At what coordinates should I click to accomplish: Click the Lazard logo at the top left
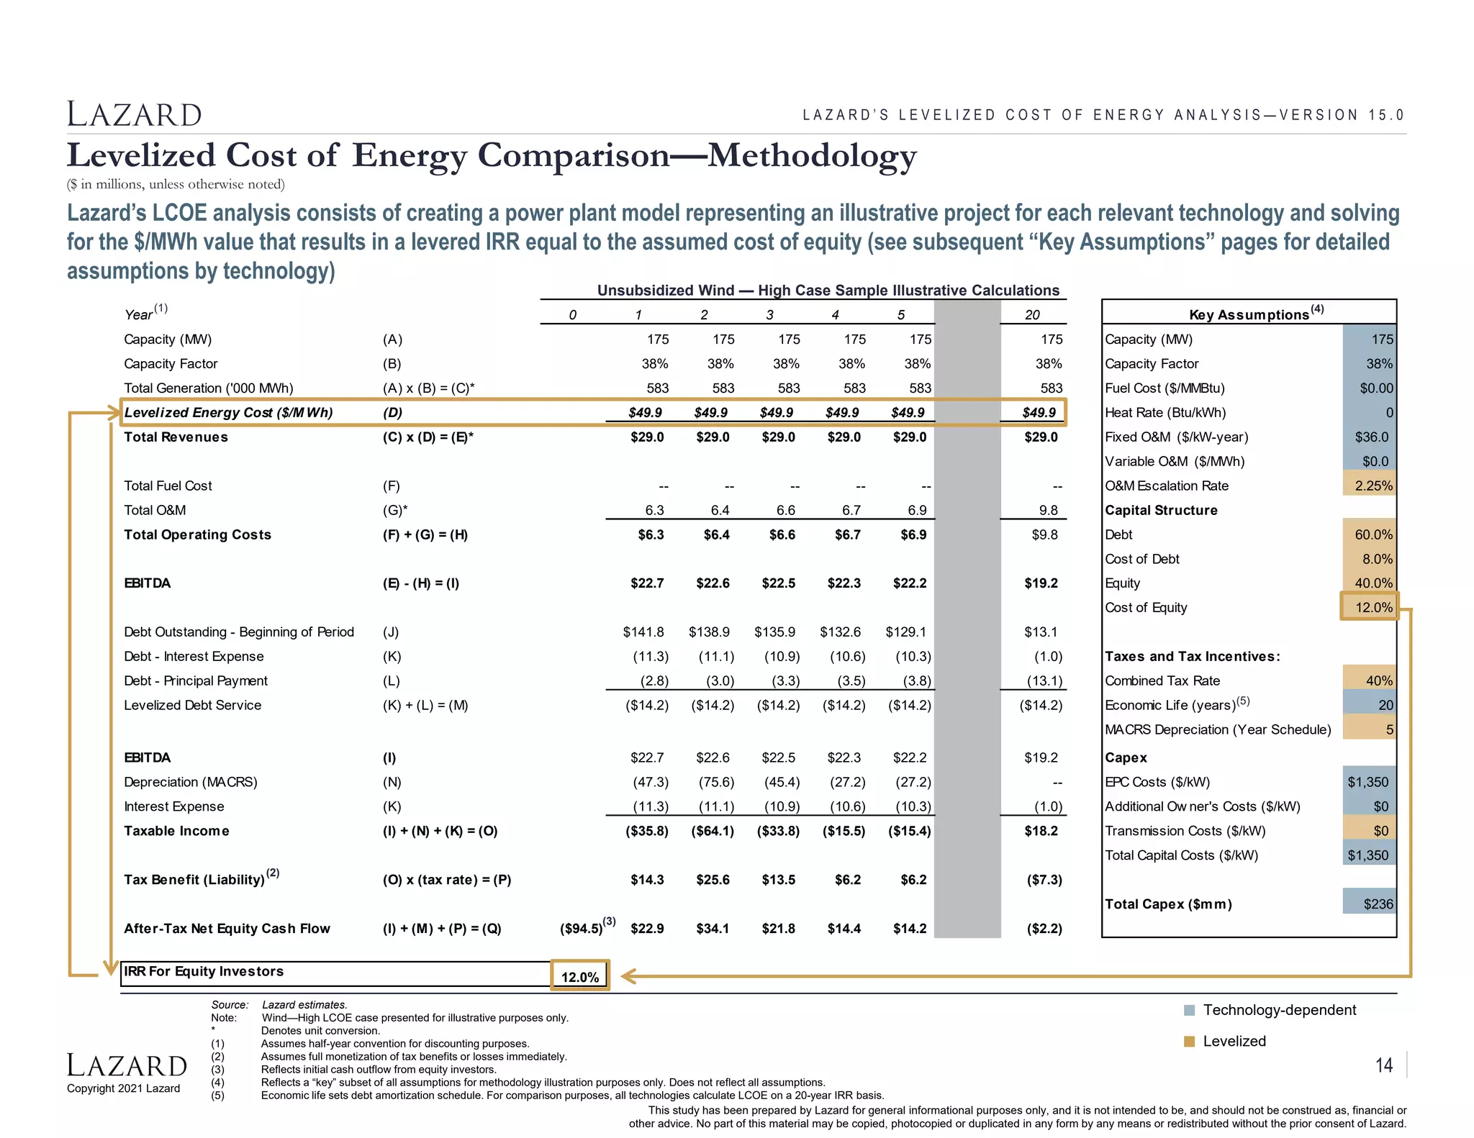[134, 114]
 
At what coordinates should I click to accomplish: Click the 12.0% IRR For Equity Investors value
[580, 976]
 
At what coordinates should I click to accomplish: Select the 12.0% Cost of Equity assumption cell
[1370, 606]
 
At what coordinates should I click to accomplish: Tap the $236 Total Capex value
[1370, 903]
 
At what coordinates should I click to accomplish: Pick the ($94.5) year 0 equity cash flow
[582, 928]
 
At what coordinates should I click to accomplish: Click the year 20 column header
[1032, 314]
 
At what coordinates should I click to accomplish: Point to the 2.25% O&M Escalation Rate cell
[1370, 486]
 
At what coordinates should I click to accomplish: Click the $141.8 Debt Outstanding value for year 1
[643, 632]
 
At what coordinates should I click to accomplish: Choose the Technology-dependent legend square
[1190, 1010]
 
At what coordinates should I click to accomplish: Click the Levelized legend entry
[1234, 1041]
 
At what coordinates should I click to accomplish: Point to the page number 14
[1384, 1065]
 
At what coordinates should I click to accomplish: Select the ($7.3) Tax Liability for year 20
[1044, 879]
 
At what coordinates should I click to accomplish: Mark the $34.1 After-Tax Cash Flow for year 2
[713, 928]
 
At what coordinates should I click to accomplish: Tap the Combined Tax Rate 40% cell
[1370, 680]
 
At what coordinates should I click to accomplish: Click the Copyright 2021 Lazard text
[124, 1088]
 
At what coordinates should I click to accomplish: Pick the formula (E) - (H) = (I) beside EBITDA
[420, 583]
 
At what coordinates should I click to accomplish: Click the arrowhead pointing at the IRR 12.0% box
[628, 976]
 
